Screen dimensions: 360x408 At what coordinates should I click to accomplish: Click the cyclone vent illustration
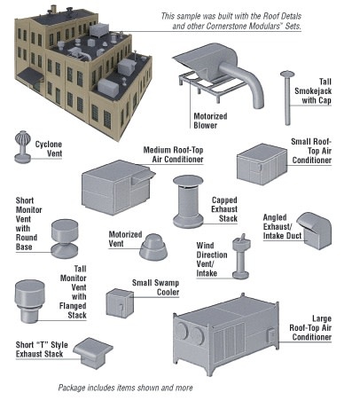pos(22,147)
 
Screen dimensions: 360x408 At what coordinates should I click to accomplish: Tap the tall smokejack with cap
pos(287,98)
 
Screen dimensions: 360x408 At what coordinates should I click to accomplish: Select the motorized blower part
pos(218,75)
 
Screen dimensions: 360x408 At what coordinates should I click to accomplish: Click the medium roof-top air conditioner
pos(117,187)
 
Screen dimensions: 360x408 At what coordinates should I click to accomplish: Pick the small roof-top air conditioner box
pos(262,164)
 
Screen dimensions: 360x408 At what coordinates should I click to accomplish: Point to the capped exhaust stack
pos(188,201)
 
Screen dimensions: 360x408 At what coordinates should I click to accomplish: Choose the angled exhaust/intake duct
pos(314,231)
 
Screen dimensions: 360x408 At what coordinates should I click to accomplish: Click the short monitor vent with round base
pos(65,239)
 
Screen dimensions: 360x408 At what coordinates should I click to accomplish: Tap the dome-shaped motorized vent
pos(153,247)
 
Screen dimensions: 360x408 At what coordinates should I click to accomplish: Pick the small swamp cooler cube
pos(120,303)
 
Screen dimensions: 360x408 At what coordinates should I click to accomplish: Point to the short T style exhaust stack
pos(93,353)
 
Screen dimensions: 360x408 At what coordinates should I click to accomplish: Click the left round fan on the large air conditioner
pos(182,331)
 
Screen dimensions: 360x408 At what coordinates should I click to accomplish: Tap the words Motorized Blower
pos(210,121)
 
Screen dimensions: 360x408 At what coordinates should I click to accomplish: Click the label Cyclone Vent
pos(49,149)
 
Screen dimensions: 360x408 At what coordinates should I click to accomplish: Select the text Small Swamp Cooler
pos(155,287)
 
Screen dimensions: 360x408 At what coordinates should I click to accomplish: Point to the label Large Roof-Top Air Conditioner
pos(310,328)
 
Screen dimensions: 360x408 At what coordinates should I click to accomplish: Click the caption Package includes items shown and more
pos(125,388)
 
